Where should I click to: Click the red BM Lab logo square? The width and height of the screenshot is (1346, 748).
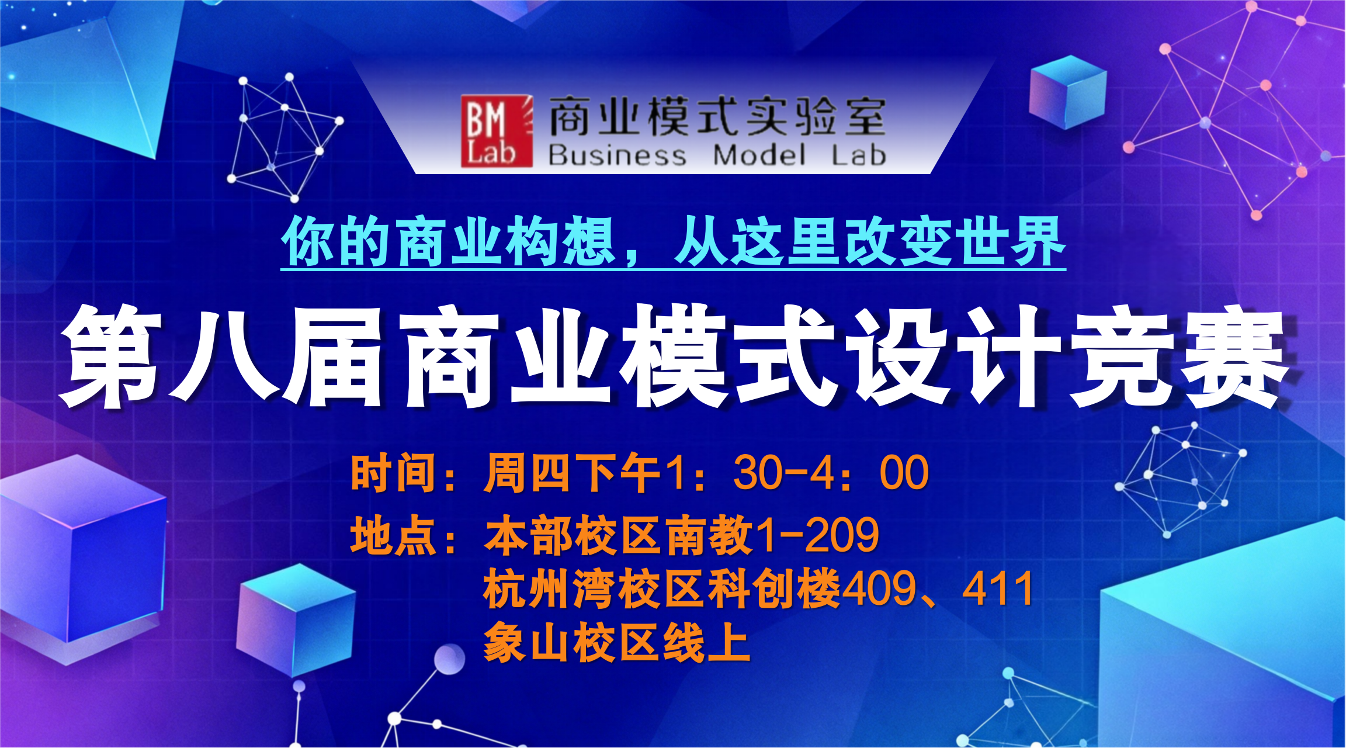tap(497, 131)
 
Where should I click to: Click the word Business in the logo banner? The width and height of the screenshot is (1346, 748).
tap(617, 155)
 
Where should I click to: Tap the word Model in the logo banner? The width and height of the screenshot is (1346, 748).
tap(759, 155)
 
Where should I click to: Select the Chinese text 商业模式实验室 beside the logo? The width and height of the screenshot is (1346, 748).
tap(717, 117)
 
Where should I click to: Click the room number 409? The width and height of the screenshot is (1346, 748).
tap(880, 589)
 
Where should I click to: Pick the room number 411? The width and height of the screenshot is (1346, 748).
tap(998, 589)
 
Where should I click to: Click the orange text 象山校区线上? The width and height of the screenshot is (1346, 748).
tap(617, 642)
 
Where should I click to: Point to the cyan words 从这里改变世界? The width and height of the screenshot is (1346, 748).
tap(870, 241)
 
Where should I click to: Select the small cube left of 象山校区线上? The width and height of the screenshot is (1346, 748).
tap(296, 620)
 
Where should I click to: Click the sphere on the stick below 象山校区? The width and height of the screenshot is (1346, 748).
tap(449, 659)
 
